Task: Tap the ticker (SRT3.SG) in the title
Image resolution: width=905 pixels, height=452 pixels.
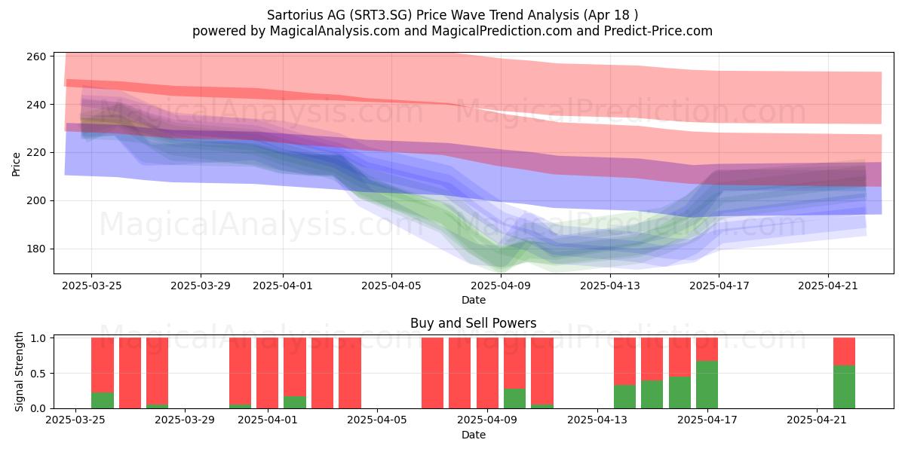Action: coord(381,15)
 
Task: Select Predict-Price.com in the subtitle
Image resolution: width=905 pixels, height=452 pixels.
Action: coord(658,31)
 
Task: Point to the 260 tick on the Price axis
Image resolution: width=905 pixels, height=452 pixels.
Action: coord(35,56)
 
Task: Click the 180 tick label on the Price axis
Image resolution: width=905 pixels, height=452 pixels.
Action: coord(35,249)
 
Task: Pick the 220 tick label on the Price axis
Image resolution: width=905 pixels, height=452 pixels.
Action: coord(35,152)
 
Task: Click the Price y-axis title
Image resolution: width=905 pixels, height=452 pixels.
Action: coord(16,164)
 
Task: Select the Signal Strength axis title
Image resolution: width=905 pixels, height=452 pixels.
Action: coord(19,371)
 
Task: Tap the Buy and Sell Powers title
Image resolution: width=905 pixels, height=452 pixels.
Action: coord(473,323)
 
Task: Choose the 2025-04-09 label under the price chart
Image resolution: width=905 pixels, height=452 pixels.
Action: coord(501,286)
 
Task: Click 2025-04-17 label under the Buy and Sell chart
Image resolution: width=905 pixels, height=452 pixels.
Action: coord(707,420)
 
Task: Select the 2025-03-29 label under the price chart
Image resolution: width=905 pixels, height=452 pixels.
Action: coord(201,286)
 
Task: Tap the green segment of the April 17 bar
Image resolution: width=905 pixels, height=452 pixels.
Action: coord(707,385)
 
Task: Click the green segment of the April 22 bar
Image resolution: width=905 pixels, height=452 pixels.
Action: coord(845,387)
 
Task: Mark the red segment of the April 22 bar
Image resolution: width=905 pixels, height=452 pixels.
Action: coord(845,352)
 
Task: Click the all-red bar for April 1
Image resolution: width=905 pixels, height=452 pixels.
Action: coord(268,373)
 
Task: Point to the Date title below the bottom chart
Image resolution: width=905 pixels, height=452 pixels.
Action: coord(474,435)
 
